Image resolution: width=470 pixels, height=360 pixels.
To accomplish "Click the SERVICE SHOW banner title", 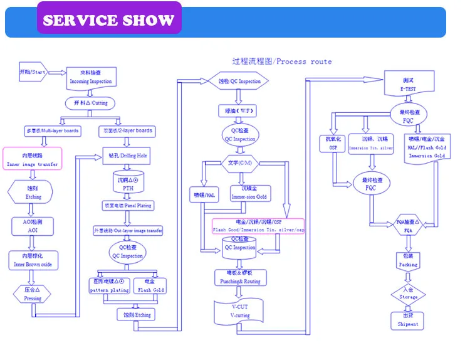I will coord(108,19).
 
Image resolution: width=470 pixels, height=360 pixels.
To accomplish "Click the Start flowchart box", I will coord(31,72).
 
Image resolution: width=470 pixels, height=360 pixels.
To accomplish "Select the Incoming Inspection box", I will coord(91,77).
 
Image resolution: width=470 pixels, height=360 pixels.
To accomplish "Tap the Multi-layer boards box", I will coord(51,130).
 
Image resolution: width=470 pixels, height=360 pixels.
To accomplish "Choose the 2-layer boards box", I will coord(127,130).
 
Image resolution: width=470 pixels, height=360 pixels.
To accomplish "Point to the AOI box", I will coord(33,226).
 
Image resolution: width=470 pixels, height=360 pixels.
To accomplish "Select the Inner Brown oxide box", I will coord(33,260).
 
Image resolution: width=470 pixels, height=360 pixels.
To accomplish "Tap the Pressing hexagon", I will coord(33,294).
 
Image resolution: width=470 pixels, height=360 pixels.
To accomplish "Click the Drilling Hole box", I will coord(127,155).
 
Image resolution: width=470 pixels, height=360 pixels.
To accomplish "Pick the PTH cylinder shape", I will coord(128,183).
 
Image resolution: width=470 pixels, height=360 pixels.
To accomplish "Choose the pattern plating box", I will coord(110,286).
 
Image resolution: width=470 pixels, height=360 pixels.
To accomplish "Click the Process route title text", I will coord(282,61).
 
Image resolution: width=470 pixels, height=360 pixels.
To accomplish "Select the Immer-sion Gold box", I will coord(249,193).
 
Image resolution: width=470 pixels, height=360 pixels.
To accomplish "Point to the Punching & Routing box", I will coord(240,278).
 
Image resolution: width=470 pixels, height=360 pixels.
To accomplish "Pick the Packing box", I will coord(408,261).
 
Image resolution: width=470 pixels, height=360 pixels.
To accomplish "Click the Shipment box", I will coord(407,320).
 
